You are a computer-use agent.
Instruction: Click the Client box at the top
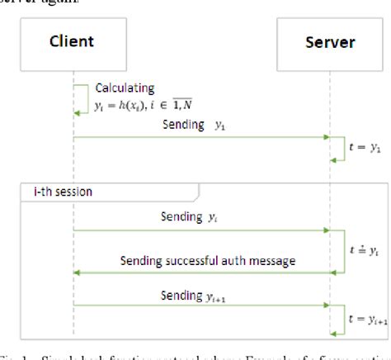[73, 40]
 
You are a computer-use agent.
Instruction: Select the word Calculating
[120, 87]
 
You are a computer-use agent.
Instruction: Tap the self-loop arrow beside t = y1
[341, 149]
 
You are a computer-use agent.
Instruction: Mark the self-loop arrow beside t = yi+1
[341, 318]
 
